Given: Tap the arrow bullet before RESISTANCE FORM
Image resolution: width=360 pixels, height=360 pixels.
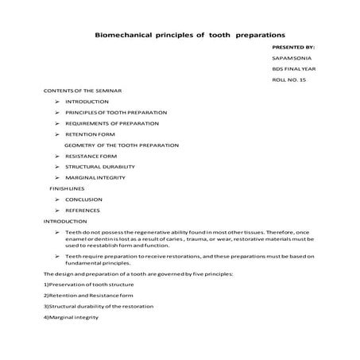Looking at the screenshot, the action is pos(59,157).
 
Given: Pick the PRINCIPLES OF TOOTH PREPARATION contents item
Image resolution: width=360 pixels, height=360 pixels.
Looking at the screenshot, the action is pos(116,114).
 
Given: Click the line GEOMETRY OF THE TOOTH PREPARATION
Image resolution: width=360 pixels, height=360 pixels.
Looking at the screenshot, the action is pos(122,145).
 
